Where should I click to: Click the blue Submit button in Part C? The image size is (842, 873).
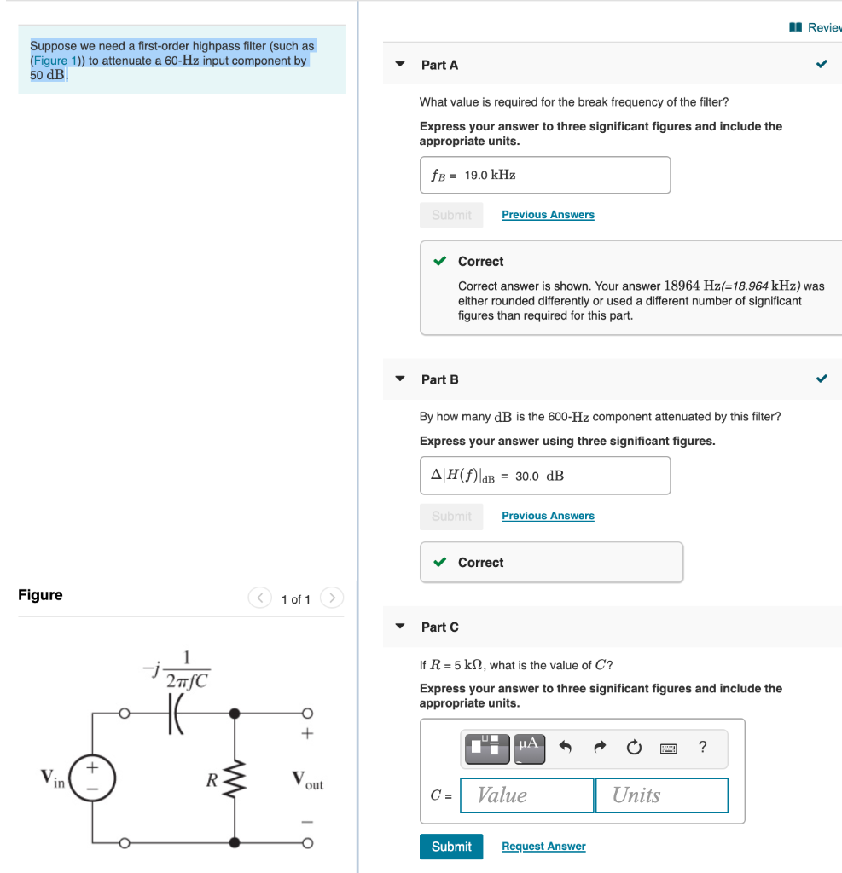point(450,847)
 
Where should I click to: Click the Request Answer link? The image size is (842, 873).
point(543,847)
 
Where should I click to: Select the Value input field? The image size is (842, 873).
point(526,795)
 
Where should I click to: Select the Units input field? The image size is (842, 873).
point(661,795)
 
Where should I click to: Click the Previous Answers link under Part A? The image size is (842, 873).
point(548,215)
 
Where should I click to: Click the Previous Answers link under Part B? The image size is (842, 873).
point(548,516)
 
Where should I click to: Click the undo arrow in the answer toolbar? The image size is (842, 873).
point(565,748)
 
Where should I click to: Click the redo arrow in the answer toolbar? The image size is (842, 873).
point(599,748)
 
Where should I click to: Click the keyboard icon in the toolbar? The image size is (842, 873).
point(669,748)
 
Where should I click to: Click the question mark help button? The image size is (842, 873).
point(702,748)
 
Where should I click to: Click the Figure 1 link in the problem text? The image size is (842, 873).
point(55,61)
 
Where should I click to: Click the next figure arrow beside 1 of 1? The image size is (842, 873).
point(332,598)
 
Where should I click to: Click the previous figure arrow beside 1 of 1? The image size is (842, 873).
point(259,598)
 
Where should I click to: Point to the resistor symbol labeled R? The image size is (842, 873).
point(234,778)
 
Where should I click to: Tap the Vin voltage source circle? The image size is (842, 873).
point(92,778)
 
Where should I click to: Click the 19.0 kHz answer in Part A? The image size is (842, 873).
point(490,175)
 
